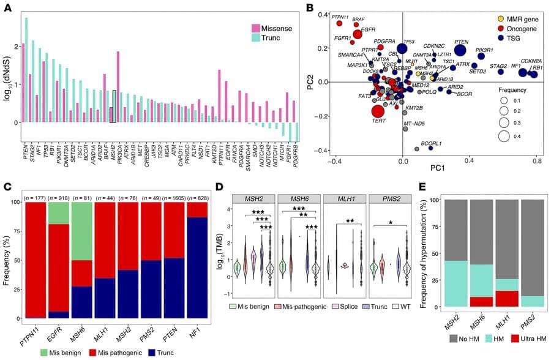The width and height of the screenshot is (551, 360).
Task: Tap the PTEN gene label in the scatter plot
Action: (462, 42)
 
